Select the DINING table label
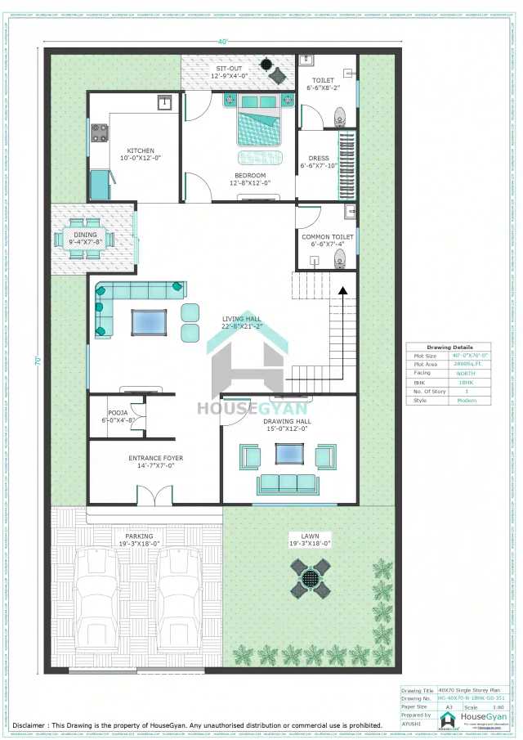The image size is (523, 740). click(x=86, y=238)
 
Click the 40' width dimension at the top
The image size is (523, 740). click(x=222, y=42)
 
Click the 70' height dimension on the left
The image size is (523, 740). click(x=38, y=361)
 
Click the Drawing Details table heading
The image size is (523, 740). click(x=449, y=347)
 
